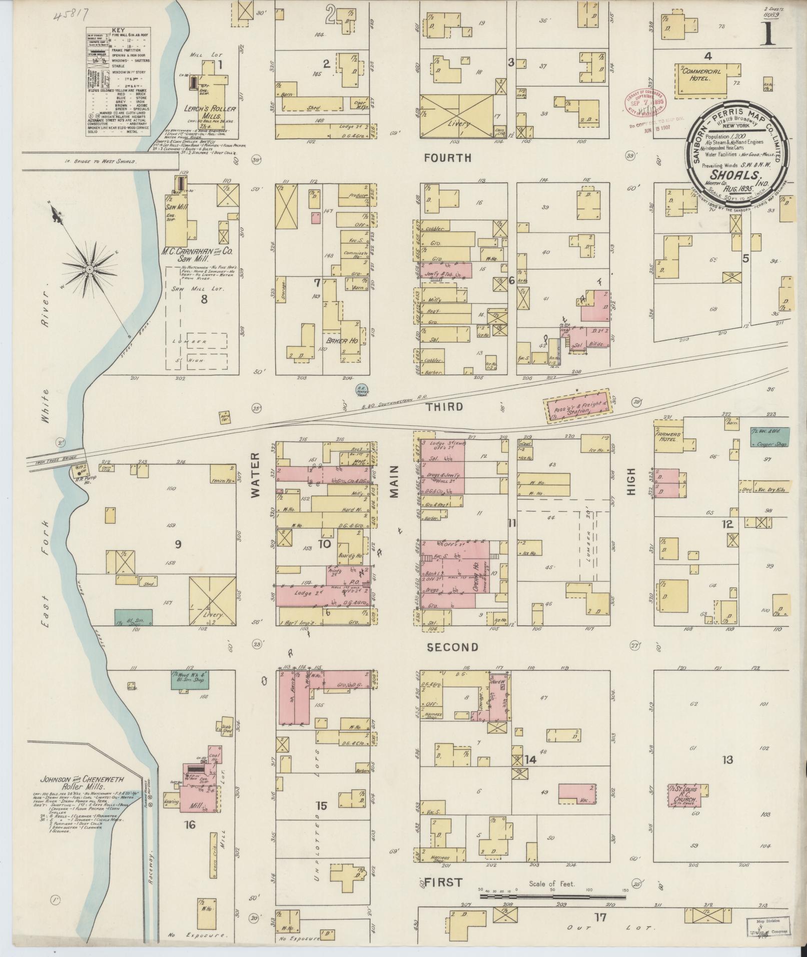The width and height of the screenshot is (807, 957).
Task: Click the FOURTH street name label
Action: [x=447, y=158]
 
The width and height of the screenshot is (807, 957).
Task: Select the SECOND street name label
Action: [x=452, y=647]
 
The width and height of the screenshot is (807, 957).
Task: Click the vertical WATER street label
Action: [x=255, y=474]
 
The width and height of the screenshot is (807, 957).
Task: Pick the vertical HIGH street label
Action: [x=631, y=481]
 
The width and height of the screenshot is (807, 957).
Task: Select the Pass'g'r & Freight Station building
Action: [x=577, y=406]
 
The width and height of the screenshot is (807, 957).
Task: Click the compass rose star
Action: [x=89, y=270]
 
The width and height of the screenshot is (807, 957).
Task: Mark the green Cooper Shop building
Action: [x=769, y=436]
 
